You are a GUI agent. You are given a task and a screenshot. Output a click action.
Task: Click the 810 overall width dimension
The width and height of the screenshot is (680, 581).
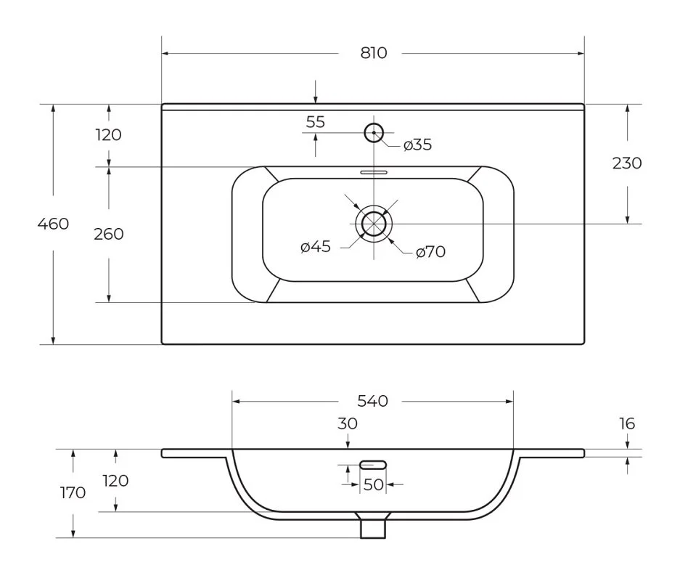(374, 53)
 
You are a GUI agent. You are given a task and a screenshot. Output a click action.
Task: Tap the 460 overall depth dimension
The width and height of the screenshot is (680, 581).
(53, 224)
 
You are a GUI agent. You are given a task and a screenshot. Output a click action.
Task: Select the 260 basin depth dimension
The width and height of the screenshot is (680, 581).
(109, 235)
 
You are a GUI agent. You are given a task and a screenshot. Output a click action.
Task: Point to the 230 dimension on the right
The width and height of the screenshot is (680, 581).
(626, 163)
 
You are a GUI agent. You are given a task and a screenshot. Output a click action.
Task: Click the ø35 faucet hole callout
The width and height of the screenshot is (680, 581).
(417, 145)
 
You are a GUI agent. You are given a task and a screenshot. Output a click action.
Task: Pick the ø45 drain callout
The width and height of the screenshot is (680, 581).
(316, 247)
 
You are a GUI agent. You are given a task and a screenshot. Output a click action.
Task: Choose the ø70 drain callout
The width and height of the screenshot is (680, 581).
(430, 252)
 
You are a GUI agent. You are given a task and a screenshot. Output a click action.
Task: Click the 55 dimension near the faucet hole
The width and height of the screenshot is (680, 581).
(315, 122)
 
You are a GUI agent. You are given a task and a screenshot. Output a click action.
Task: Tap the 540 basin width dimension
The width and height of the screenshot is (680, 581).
(372, 401)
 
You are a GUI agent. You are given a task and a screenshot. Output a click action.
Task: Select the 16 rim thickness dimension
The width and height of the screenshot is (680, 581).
(627, 423)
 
